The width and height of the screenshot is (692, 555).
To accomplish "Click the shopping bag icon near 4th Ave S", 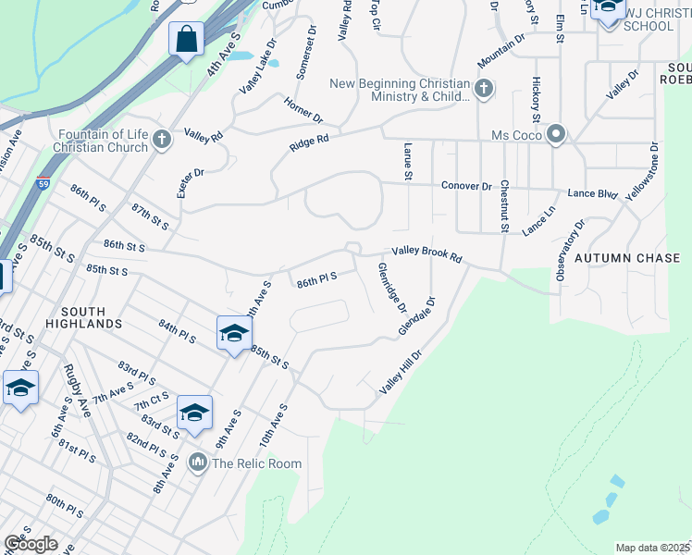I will pos(187,40).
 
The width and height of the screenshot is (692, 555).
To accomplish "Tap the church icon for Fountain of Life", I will pos(162,140).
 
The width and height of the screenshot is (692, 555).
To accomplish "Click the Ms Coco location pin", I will pos(555,135).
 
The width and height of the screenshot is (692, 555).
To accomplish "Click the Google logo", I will pos(30,543).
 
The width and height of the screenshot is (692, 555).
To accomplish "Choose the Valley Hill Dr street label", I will pos(401,373).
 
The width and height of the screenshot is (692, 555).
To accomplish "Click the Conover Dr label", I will pos(466,185).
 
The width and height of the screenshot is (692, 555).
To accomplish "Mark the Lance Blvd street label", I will pos(592,193).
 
